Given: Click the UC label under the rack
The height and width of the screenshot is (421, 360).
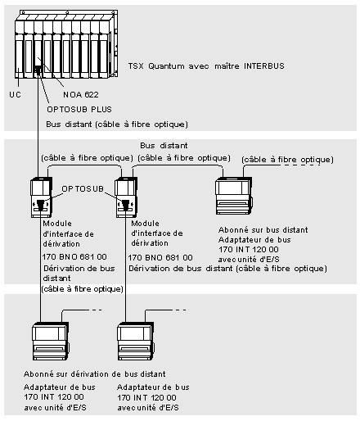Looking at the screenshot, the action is click(15, 95).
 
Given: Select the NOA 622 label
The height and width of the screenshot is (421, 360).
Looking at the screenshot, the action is click(81, 95).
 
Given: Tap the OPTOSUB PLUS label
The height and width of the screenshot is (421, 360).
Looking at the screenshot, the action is click(79, 110).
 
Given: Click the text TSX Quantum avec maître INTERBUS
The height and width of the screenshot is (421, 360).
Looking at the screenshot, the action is click(206, 66).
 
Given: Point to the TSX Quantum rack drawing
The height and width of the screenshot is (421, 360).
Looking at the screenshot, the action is click(66, 44).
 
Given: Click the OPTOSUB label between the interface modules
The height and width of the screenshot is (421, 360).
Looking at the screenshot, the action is click(83, 188).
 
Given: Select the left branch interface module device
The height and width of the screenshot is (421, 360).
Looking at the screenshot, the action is click(42, 197).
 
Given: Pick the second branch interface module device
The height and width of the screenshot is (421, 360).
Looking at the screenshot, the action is click(126, 197).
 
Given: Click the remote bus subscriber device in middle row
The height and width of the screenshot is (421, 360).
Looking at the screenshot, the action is click(234, 196).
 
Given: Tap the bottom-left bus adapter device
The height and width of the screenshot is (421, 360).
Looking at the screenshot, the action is click(51, 341).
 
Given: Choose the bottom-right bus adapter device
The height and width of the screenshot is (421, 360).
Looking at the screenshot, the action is click(136, 341).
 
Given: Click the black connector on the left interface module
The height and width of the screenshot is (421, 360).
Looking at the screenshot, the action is click(40, 205).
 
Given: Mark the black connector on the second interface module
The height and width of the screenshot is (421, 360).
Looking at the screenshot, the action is click(125, 205).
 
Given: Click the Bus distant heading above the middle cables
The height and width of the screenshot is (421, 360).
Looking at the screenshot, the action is click(164, 146).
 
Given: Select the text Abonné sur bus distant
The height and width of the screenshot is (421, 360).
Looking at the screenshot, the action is click(263, 230).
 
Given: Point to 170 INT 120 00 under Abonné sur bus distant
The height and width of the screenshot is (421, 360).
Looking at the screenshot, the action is click(249, 249).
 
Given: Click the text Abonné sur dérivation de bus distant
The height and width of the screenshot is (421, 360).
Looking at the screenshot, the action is click(95, 373).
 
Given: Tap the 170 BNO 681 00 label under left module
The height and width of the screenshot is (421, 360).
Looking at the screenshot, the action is click(74, 256).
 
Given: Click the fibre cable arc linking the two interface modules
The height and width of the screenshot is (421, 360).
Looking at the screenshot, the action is click(84, 165).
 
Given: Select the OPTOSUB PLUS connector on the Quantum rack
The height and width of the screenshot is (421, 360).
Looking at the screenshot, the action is click(38, 70).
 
